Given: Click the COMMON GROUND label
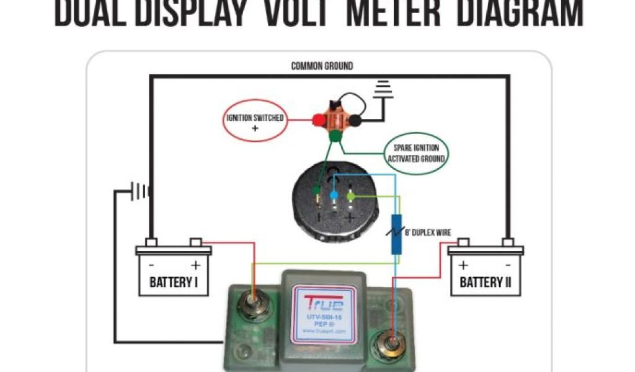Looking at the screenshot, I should coord(322,66).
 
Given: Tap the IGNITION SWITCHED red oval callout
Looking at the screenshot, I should coord(255,122).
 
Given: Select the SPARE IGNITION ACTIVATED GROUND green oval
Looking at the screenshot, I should coord(416,153).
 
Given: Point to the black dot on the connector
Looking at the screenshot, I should coord(356,121).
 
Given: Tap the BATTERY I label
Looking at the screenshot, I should coord(174,283).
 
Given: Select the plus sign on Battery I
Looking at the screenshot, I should coord(195,265).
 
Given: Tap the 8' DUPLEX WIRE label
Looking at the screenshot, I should coord(429,233).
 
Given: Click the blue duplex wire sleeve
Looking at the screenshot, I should coord(396,235).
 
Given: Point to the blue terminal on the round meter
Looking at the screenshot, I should coord(334,195).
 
